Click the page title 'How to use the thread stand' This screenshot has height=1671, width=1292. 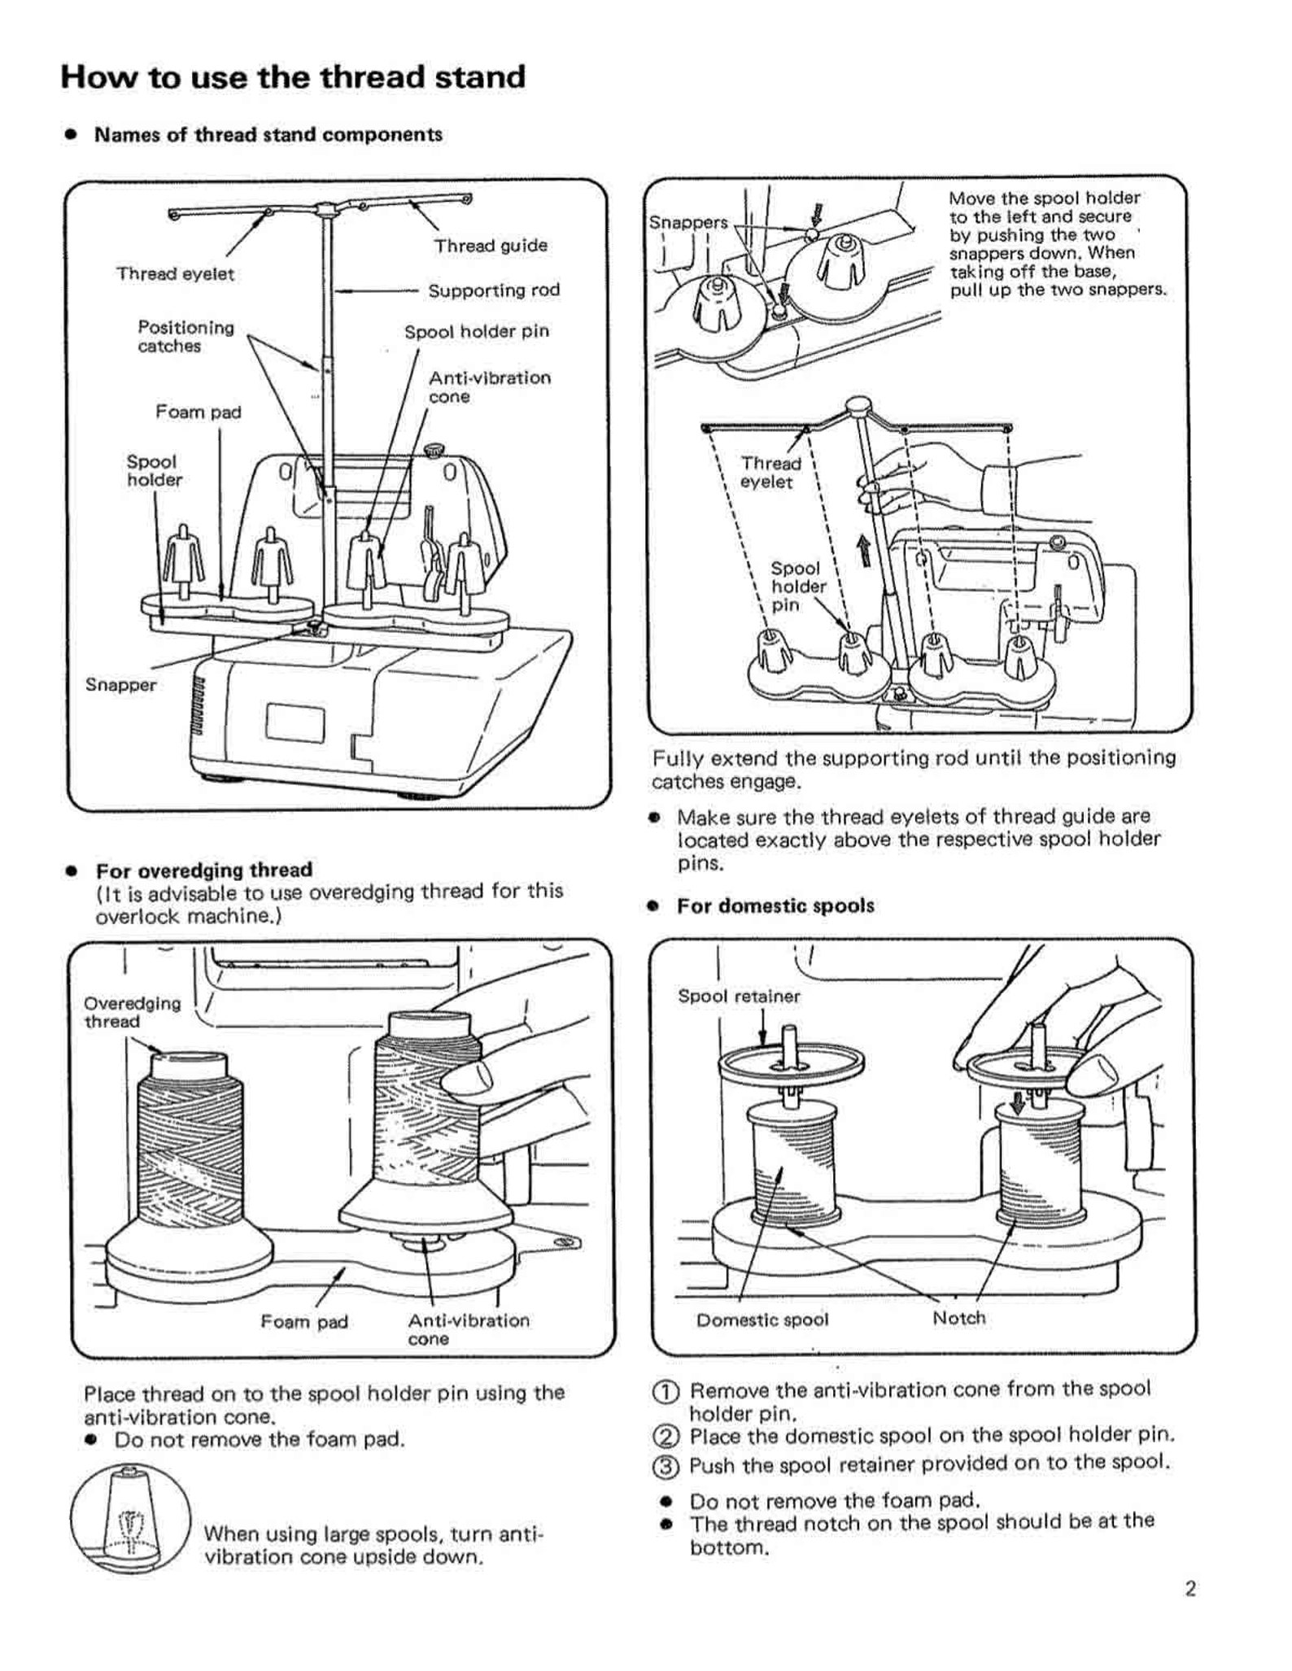[x=293, y=78]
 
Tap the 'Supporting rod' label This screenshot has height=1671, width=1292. [x=494, y=290]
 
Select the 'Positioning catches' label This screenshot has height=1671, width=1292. [x=186, y=337]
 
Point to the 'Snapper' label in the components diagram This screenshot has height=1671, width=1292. [x=120, y=685]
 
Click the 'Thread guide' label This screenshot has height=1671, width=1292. [x=490, y=246]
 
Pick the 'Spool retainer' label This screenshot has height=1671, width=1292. [x=739, y=997]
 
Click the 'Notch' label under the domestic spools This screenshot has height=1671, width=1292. [x=958, y=1318]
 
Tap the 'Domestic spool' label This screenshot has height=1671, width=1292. [x=762, y=1320]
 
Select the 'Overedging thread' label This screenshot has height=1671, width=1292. [x=133, y=1012]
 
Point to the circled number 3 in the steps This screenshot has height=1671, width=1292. [x=666, y=1466]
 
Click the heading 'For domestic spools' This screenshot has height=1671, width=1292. [x=775, y=906]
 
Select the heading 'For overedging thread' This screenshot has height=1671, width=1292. [x=204, y=870]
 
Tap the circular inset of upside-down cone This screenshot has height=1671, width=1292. [x=130, y=1519]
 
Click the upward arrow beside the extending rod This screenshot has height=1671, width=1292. [x=862, y=551]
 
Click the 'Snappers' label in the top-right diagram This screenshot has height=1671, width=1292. [x=687, y=223]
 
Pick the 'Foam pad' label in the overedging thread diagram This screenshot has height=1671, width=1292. [x=304, y=1322]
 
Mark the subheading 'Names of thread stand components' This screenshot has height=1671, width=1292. [x=268, y=135]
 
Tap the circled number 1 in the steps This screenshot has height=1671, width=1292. [x=666, y=1391]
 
